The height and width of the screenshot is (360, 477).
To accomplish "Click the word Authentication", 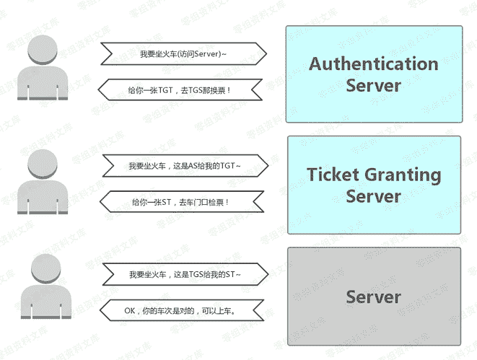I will point(373,63).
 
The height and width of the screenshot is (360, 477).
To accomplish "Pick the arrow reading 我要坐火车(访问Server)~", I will point(183,53).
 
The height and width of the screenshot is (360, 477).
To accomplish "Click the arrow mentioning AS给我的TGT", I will point(183,164).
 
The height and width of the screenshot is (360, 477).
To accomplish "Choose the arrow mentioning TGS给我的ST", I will point(183,275).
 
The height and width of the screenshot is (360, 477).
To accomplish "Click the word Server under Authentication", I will point(373,85).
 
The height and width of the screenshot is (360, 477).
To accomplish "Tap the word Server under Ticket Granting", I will point(373,196).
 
